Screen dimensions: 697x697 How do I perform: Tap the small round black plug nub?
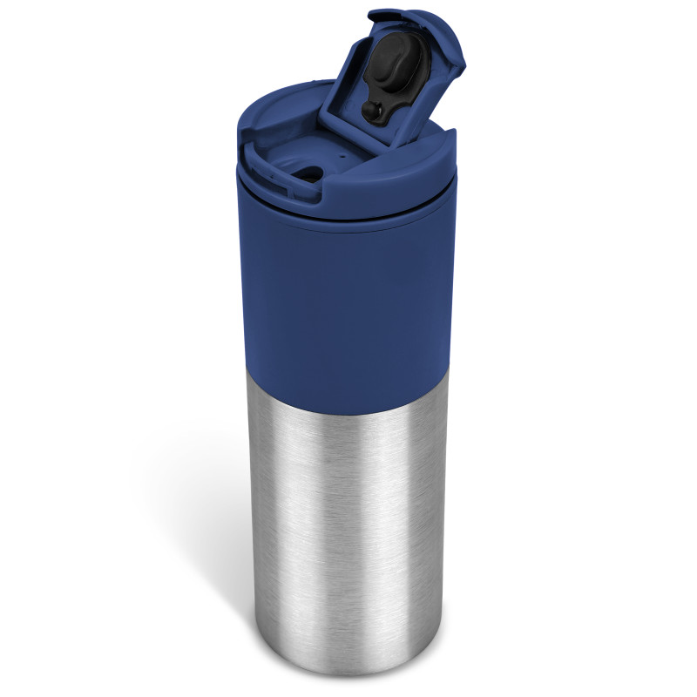coord(371,110)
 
